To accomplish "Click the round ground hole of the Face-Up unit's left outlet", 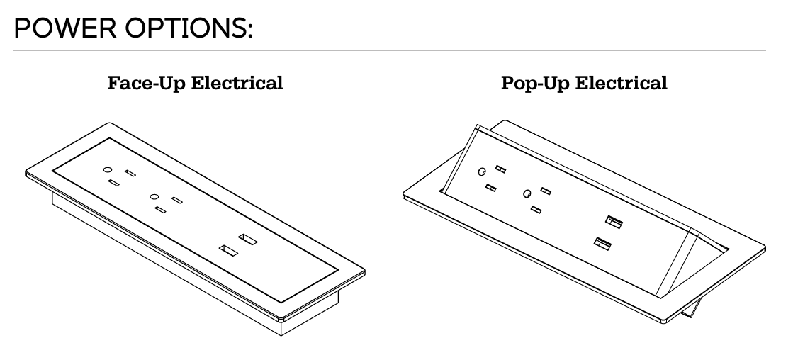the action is tap(108, 170).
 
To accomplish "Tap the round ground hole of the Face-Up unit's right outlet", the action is tap(153, 196).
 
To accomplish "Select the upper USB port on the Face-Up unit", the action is tap(247, 239).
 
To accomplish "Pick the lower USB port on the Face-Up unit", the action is tap(227, 250).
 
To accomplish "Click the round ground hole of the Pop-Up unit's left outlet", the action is tap(482, 172).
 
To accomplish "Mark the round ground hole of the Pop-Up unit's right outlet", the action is tap(527, 193).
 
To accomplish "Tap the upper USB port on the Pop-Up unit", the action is tap(614, 223).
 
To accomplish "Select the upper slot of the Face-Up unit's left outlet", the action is tap(130, 173).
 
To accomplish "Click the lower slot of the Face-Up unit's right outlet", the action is tap(161, 210).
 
